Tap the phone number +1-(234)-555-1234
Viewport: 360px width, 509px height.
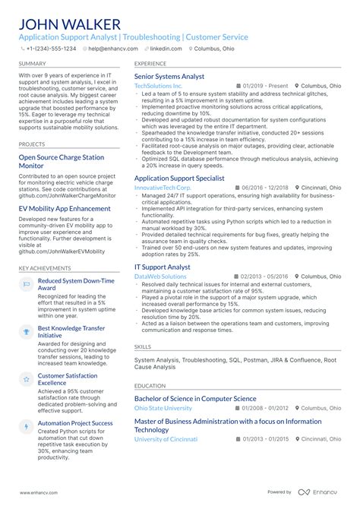pyautogui.click(x=51, y=48)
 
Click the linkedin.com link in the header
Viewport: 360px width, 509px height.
pyautogui.click(x=166, y=48)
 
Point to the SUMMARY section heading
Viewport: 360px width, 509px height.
pyautogui.click(x=32, y=64)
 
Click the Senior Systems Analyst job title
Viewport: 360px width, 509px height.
pyautogui.click(x=169, y=77)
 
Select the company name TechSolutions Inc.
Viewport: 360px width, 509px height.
pyautogui.click(x=158, y=87)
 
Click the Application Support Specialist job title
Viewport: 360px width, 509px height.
pyautogui.click(x=179, y=178)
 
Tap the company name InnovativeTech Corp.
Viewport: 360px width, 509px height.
pyautogui.click(x=163, y=187)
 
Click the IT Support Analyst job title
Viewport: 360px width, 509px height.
pyautogui.click(x=162, y=267)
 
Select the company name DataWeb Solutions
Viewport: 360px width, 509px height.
pyautogui.click(x=159, y=277)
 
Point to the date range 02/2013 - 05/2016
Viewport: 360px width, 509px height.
pyautogui.click(x=264, y=277)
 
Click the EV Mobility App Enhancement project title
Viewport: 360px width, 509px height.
pyautogui.click(x=65, y=208)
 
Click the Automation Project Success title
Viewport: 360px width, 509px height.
pyautogui.click(x=75, y=423)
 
